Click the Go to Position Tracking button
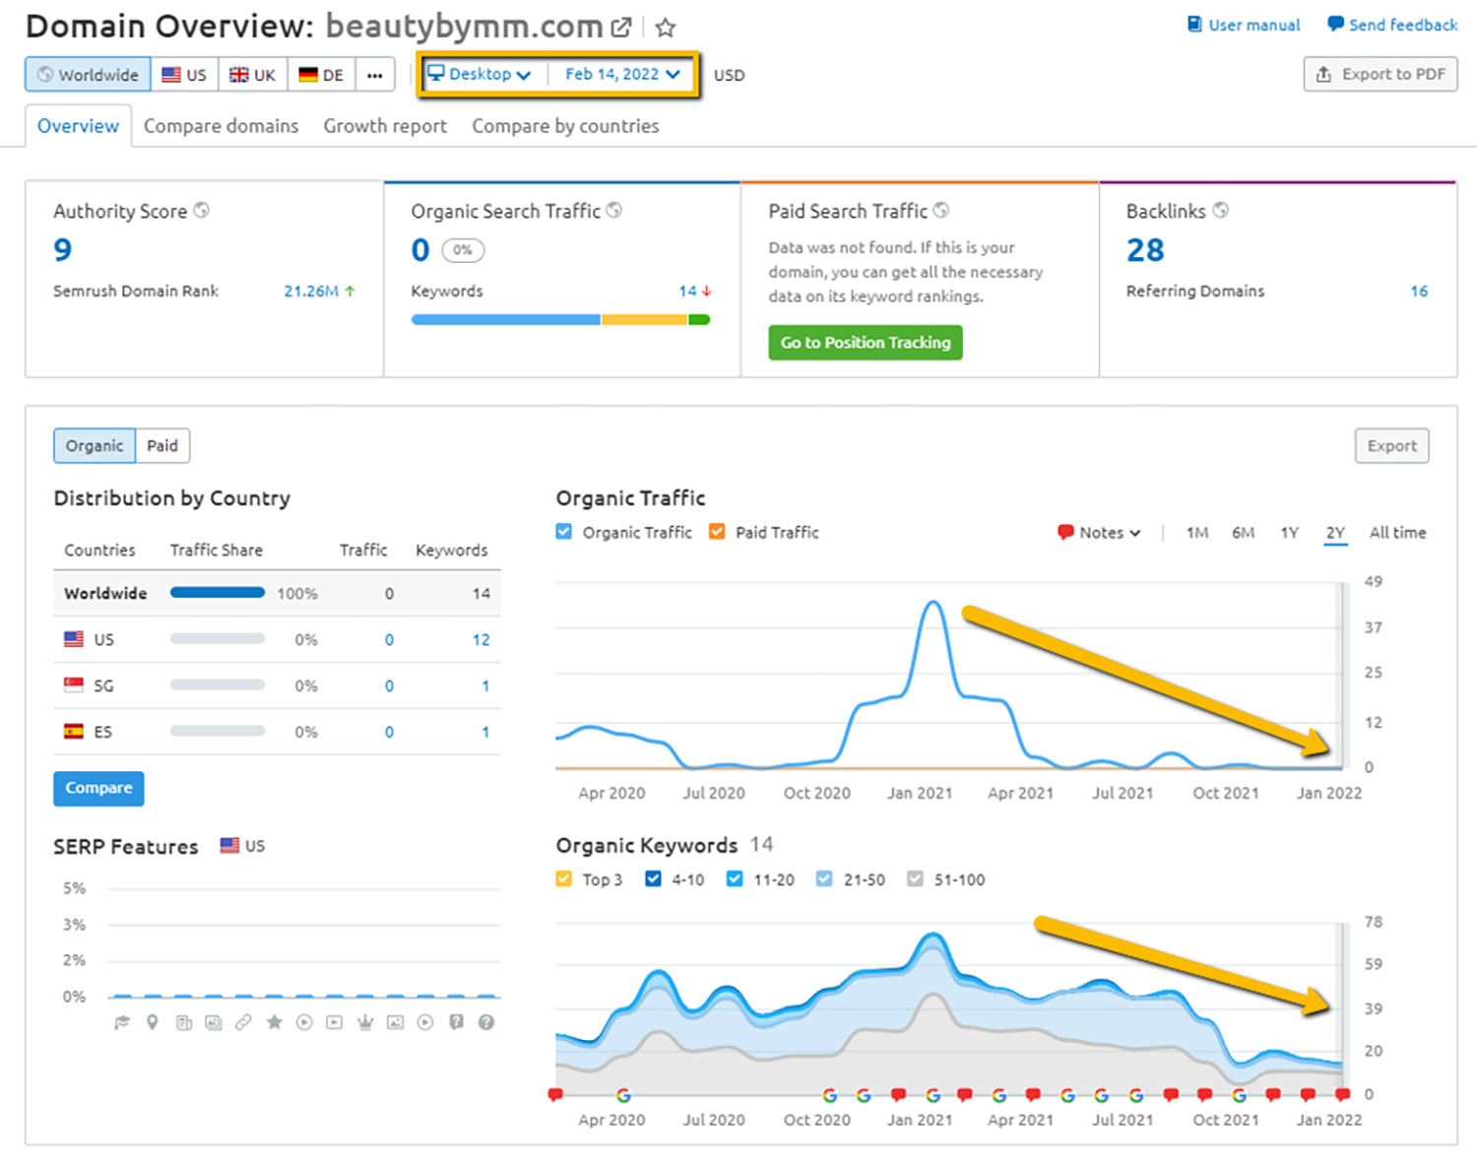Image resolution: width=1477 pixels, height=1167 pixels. (865, 343)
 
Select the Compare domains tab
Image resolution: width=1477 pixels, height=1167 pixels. (221, 126)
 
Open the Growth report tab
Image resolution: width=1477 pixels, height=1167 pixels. (385, 126)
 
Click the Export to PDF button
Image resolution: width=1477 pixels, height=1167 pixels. (1380, 74)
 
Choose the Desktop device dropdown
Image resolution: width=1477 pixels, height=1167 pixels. (480, 74)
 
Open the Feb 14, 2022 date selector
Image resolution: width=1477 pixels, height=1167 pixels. (621, 74)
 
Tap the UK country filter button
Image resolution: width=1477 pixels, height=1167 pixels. (253, 75)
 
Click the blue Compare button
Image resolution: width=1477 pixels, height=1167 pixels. (98, 788)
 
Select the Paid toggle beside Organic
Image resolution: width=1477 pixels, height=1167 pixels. (162, 446)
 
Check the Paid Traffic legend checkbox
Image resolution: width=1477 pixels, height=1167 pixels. (717, 532)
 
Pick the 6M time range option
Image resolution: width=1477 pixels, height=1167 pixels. (1243, 533)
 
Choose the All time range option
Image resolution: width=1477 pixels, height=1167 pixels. (1397, 533)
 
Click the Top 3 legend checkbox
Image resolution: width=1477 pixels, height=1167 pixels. (563, 879)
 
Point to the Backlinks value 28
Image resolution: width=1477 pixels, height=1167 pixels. (1145, 250)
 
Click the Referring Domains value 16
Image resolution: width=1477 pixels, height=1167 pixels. (1419, 292)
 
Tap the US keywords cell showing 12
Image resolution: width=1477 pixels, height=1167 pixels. (481, 640)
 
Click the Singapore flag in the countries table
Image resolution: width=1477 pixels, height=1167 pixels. (74, 685)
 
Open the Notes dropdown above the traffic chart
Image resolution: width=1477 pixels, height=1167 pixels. (1099, 533)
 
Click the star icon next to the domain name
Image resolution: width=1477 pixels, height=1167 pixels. (666, 28)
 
